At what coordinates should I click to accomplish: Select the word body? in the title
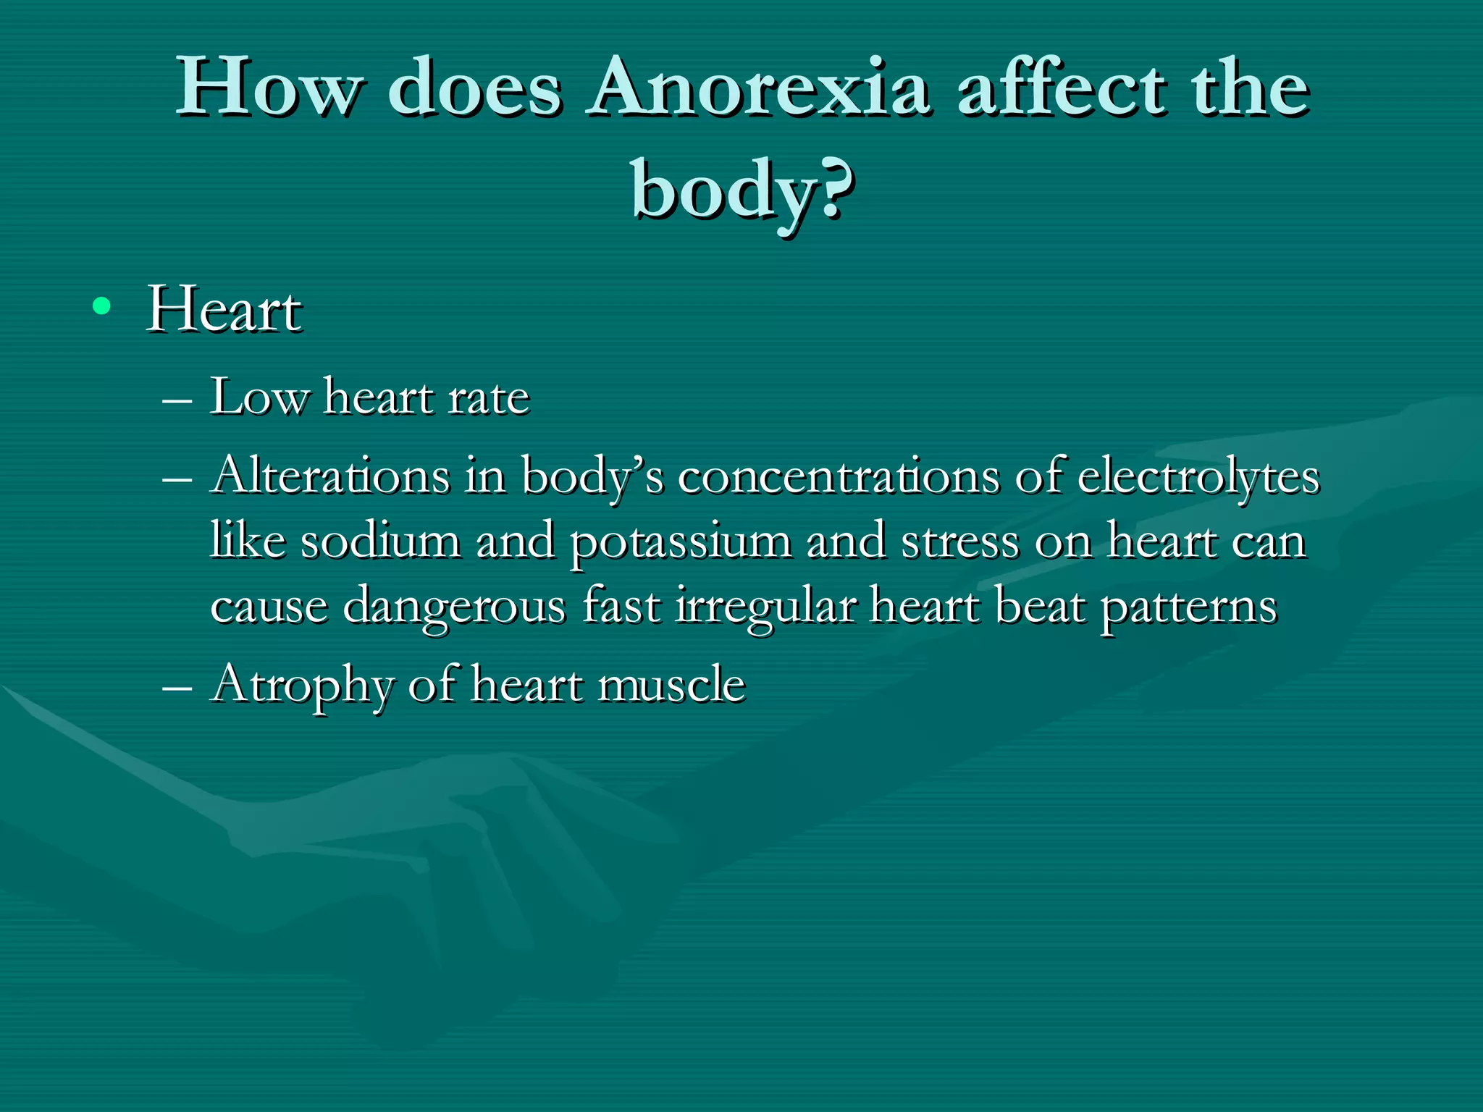(741, 190)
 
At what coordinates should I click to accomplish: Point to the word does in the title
(475, 88)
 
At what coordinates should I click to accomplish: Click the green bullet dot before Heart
(101, 307)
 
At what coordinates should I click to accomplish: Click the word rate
(489, 398)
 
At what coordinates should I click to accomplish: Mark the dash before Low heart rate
(177, 400)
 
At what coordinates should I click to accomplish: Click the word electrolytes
(1198, 478)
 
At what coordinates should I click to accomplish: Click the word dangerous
(454, 607)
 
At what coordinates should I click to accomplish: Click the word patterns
(1188, 607)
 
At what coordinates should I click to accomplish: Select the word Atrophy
(303, 685)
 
